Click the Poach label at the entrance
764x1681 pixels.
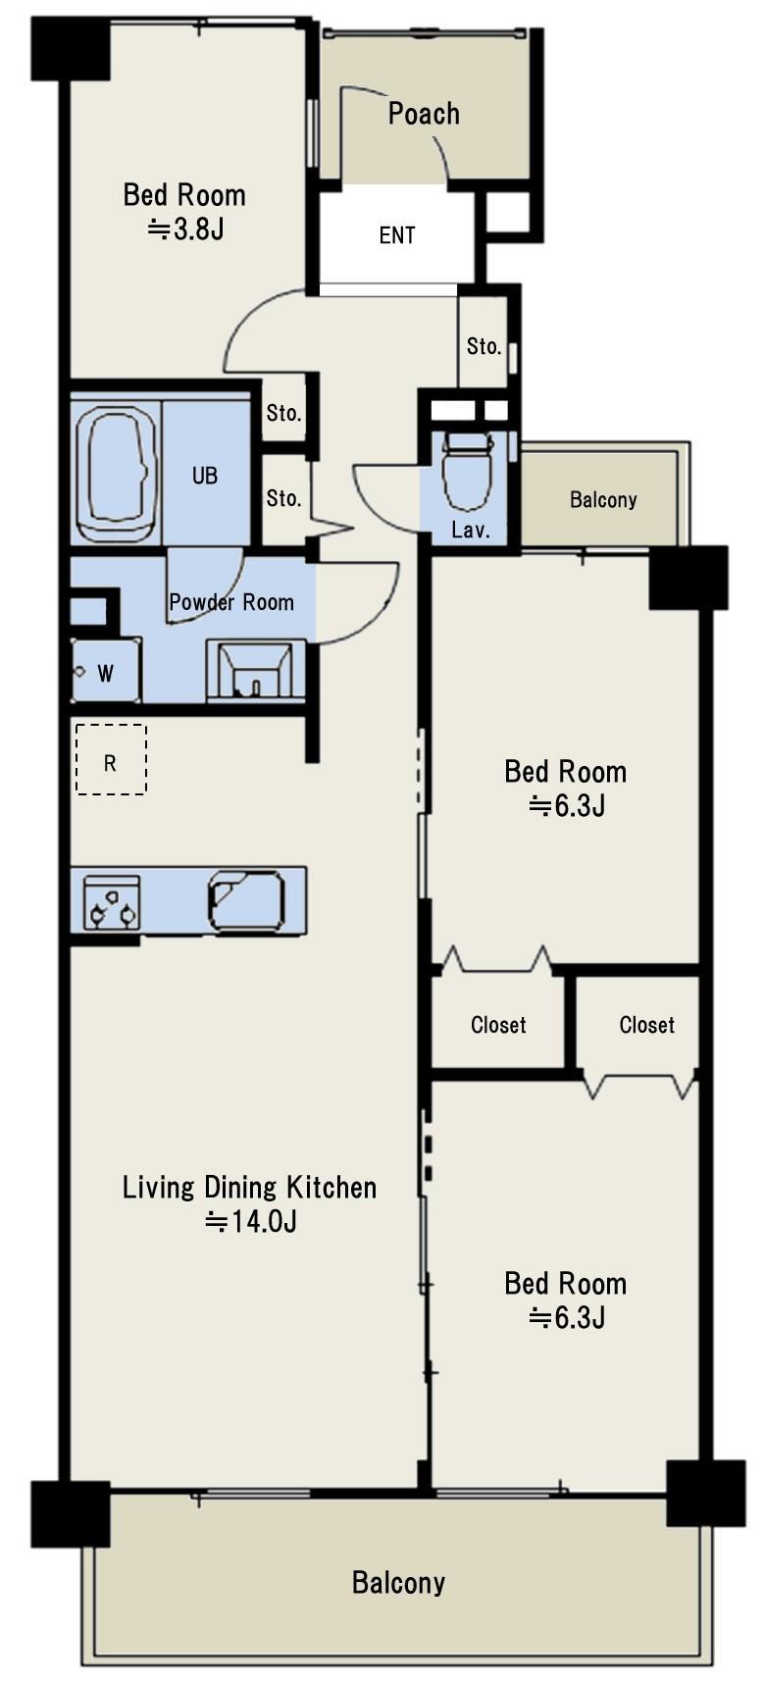click(424, 114)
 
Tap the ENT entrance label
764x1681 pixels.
click(397, 235)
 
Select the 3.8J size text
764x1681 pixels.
click(185, 229)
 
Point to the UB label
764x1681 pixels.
click(205, 475)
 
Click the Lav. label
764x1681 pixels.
click(471, 531)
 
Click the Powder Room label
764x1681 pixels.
click(231, 602)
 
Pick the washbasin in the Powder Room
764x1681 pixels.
click(256, 669)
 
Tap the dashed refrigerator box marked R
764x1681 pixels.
click(111, 759)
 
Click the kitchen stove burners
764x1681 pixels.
click(112, 902)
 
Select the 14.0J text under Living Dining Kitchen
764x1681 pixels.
click(251, 1222)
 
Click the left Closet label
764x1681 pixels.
click(498, 1024)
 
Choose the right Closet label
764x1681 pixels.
click(647, 1024)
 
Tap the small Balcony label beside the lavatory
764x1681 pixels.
click(603, 499)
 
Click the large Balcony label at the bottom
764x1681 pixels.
click(398, 1583)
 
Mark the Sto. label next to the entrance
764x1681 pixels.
click(484, 346)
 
